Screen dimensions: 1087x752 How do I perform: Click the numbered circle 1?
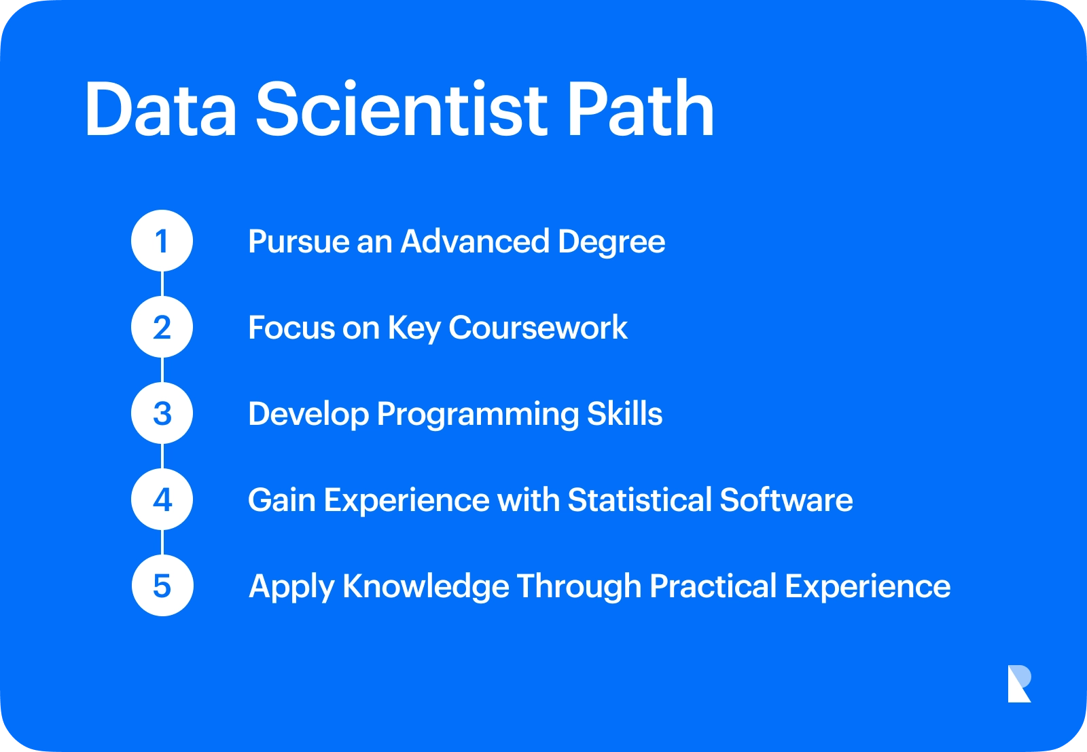click(x=162, y=240)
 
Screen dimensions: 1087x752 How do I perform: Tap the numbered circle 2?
click(x=162, y=326)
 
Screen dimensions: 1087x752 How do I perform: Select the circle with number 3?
click(x=162, y=413)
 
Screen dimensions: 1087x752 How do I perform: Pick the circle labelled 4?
click(x=162, y=500)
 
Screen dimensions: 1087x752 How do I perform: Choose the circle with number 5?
click(x=162, y=585)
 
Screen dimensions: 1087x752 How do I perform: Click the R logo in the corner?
click(x=1020, y=683)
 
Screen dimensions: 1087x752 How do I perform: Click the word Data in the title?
click(x=161, y=109)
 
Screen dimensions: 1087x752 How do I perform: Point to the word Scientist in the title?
click(x=402, y=108)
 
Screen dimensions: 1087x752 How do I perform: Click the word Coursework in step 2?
click(x=538, y=328)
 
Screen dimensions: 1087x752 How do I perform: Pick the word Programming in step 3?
click(x=478, y=415)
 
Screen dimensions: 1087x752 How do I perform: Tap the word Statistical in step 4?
click(x=640, y=500)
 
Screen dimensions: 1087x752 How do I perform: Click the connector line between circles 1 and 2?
click(x=162, y=284)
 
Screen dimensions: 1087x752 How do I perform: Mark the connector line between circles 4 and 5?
click(x=162, y=542)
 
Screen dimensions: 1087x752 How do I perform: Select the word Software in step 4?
click(x=786, y=500)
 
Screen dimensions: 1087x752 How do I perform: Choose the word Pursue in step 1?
click(x=298, y=242)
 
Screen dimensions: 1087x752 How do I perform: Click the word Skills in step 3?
click(x=624, y=413)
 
